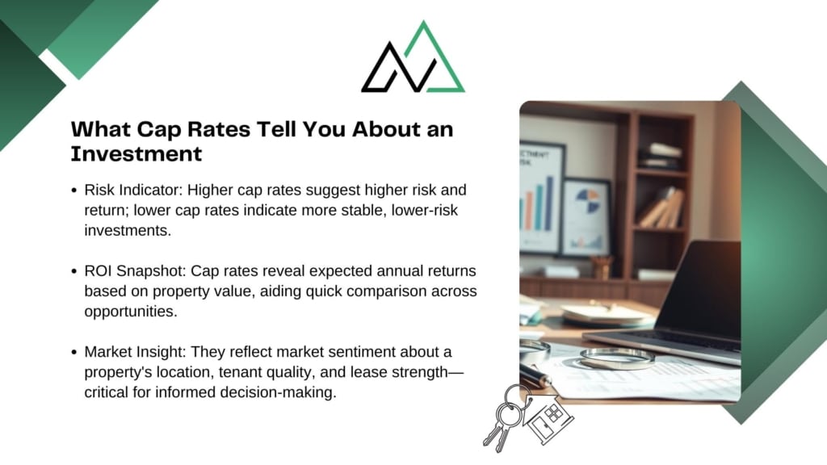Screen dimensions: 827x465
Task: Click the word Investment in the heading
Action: point(136,154)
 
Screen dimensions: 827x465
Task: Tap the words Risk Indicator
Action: point(133,190)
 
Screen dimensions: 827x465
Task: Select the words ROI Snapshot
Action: point(135,271)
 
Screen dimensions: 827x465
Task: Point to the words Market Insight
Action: point(135,352)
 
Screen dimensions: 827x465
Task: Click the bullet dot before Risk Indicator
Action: point(74,191)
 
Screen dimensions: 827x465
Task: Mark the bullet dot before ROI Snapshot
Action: point(74,271)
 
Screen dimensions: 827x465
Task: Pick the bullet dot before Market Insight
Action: point(74,352)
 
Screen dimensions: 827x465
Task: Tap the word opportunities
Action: point(131,312)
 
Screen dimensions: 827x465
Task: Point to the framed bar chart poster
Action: point(541,198)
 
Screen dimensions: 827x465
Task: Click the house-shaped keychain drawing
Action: point(548,417)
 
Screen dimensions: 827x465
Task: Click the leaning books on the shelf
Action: point(662,208)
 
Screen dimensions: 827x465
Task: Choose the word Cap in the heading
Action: point(159,130)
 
